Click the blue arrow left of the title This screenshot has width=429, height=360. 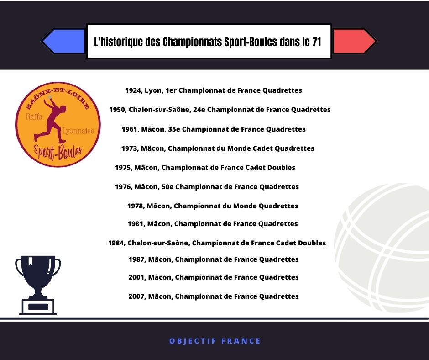point(63,41)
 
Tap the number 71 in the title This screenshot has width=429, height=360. point(316,42)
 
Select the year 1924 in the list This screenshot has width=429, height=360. point(133,90)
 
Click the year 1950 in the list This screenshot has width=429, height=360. point(117,110)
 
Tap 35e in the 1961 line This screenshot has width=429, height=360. point(174,129)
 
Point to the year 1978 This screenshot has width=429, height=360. point(136,206)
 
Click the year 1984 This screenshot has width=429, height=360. point(116,243)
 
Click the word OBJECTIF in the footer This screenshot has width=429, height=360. point(193,341)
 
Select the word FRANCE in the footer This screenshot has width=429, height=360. point(241,341)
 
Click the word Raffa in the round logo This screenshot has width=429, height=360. point(34,116)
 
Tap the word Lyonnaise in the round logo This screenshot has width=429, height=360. point(78,131)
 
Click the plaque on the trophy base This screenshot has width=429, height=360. point(38,307)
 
